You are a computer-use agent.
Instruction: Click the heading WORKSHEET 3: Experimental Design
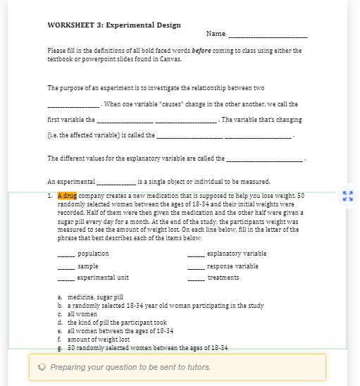114,25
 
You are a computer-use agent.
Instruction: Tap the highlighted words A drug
67,195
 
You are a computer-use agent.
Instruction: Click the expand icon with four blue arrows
346,194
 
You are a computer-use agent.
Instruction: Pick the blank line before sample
66,266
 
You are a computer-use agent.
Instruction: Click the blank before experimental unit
66,278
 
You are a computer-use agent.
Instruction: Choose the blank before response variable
196,266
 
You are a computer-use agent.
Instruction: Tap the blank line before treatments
196,278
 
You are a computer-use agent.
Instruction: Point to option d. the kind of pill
112,323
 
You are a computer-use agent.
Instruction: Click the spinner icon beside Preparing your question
42,367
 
